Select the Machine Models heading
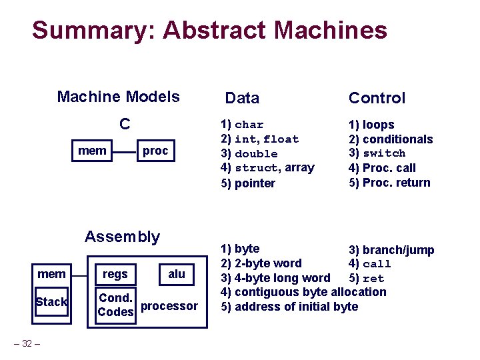coord(118,97)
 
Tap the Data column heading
coord(242,98)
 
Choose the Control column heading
coord(377,98)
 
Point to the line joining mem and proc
coord(125,152)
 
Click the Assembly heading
coord(122,237)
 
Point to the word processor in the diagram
coord(169,306)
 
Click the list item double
coord(256,154)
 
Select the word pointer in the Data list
coord(255,183)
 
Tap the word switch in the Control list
coord(384,153)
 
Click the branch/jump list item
coord(398,250)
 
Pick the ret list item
coord(373,279)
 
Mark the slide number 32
coord(27,343)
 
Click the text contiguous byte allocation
coord(311,293)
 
